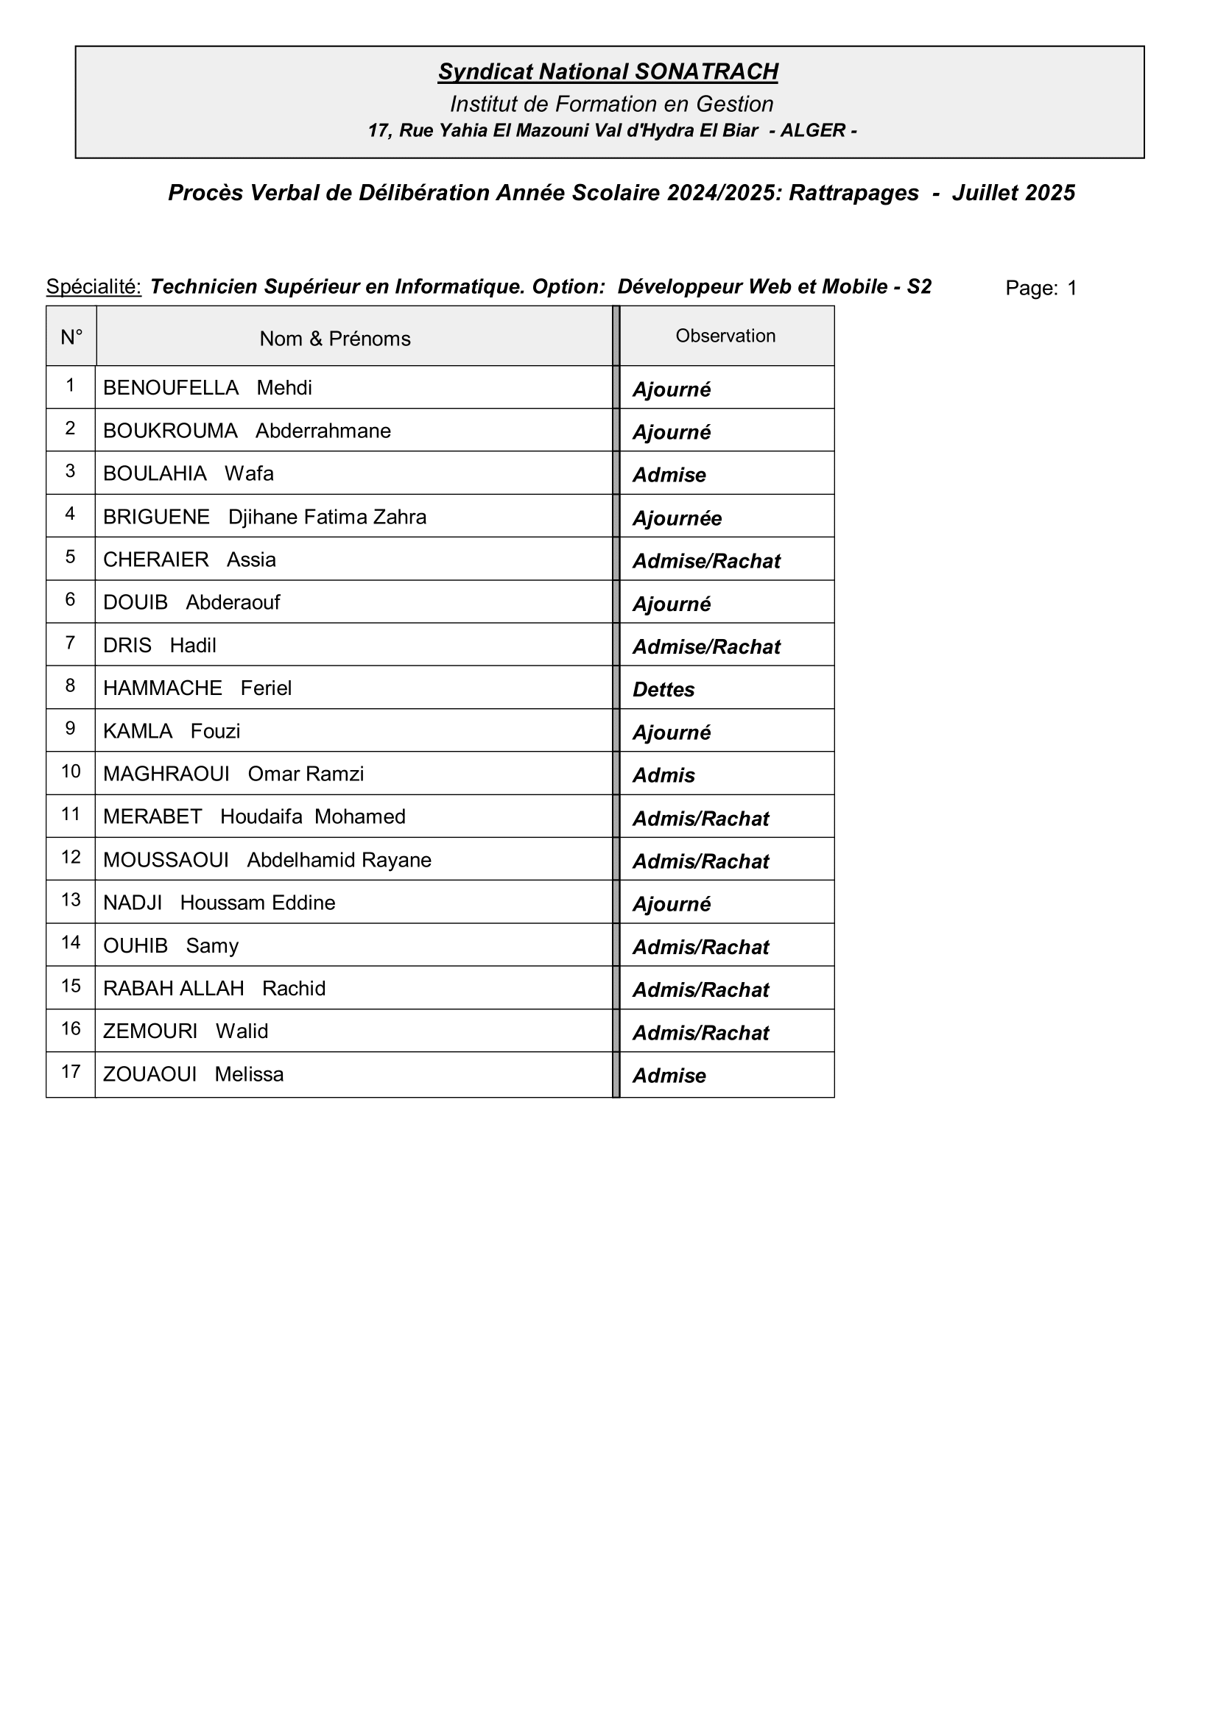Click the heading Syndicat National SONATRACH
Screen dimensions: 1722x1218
(x=608, y=72)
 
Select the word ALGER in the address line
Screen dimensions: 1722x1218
(x=813, y=130)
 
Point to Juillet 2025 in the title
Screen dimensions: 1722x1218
(x=1013, y=194)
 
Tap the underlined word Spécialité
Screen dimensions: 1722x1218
(x=94, y=286)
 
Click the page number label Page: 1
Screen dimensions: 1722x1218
(x=1041, y=288)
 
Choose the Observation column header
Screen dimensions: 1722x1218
(x=725, y=336)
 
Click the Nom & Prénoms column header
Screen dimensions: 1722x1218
(x=335, y=339)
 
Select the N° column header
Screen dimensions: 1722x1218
(x=71, y=337)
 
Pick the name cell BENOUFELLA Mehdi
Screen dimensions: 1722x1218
(x=208, y=388)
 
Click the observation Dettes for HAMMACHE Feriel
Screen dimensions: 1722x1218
(x=663, y=690)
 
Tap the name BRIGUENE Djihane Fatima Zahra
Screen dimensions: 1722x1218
(x=265, y=518)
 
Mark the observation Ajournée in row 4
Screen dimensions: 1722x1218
(x=677, y=519)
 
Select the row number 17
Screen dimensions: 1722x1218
(x=71, y=1072)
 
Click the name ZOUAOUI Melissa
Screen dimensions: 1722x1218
(x=194, y=1075)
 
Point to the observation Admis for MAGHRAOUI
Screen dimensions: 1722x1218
(x=663, y=775)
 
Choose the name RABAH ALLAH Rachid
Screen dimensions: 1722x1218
(x=214, y=989)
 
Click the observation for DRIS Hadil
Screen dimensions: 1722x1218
(x=706, y=647)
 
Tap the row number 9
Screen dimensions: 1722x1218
(x=71, y=728)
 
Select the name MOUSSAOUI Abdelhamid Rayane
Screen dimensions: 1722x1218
(x=267, y=860)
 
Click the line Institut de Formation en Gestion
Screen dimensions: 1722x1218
(x=611, y=105)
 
